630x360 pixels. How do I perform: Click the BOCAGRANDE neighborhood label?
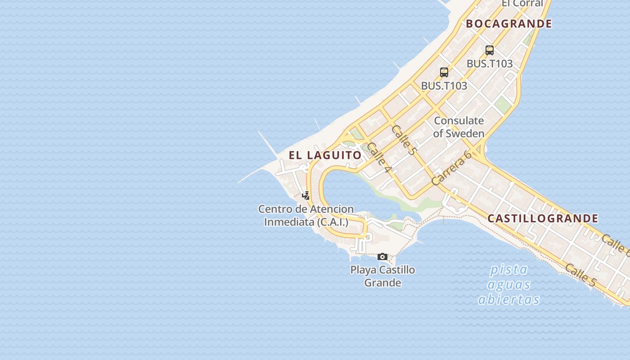pos(508,24)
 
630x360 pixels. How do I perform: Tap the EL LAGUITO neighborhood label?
pos(325,155)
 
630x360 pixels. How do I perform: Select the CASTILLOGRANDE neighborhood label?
pos(543,219)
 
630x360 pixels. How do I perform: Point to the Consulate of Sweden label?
pos(459,127)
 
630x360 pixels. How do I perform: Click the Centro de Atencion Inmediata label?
pos(306,215)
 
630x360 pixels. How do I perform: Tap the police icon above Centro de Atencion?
pos(306,196)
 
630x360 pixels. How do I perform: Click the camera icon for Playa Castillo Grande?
pos(382,256)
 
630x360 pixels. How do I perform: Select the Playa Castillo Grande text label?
pos(382,276)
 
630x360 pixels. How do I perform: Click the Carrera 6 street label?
pos(451,168)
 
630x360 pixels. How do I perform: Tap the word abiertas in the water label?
pos(508,300)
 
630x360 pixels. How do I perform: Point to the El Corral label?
pos(522,4)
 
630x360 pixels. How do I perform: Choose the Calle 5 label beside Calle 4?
pos(403,139)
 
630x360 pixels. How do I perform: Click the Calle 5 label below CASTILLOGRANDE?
pos(580,275)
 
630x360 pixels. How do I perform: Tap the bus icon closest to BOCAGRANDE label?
pos(490,50)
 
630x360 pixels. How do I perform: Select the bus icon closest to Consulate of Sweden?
pos(444,72)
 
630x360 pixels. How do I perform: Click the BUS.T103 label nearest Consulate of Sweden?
pos(444,85)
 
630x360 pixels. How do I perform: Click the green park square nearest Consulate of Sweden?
pos(502,105)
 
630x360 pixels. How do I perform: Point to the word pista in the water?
pos(508,270)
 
